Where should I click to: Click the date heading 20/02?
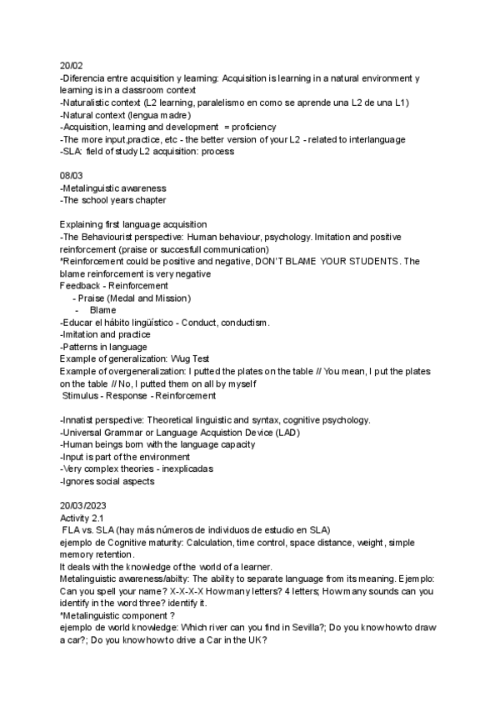pyautogui.click(x=71, y=65)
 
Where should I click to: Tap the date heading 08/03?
pyautogui.click(x=71, y=177)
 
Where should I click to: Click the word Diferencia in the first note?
pyautogui.click(x=86, y=78)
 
